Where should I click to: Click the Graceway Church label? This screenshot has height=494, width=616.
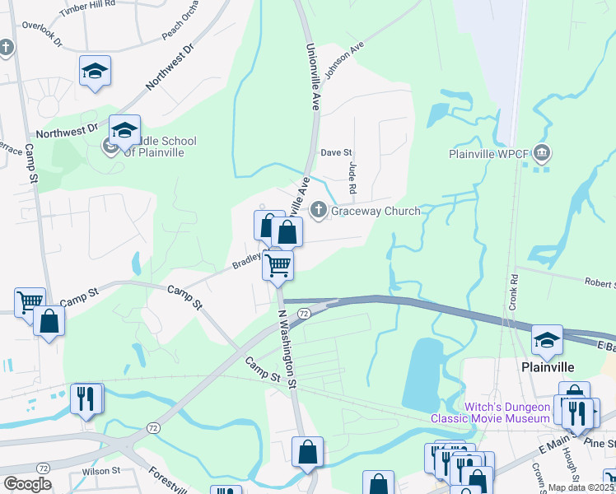coord(376,212)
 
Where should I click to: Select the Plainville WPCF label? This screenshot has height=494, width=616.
coord(489,153)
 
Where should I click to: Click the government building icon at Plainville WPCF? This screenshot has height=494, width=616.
coord(542,152)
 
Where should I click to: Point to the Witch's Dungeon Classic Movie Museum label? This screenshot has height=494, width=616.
coord(490,412)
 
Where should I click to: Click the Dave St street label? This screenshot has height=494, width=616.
coord(336,153)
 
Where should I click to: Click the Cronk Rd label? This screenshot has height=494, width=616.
coord(512,291)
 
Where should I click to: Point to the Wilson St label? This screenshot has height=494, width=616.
coord(101,471)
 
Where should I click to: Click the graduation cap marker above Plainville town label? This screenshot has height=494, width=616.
coord(547,339)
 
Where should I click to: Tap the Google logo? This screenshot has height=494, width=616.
coord(27,484)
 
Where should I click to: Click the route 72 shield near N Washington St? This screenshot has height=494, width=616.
coord(304,314)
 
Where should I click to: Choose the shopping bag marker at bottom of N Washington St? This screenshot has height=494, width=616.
coord(307,452)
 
